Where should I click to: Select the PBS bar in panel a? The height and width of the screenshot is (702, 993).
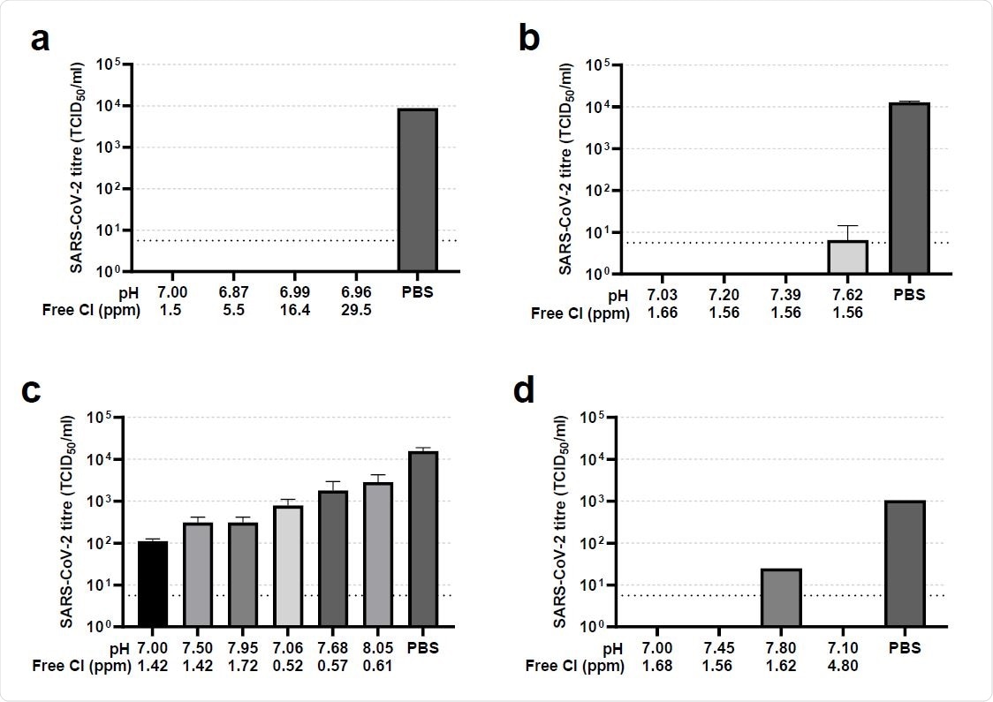417,190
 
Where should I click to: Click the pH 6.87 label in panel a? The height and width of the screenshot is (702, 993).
232,292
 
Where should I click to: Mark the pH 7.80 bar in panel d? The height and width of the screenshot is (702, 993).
780,598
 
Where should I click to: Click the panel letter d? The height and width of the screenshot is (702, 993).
524,392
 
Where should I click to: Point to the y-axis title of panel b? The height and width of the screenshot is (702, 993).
563,168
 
